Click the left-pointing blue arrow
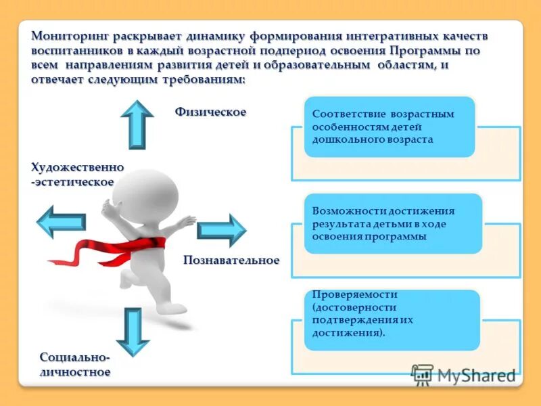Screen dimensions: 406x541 click(x=60, y=221)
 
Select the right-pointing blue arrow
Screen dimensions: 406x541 click(x=222, y=230)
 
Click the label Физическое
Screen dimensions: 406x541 click(x=210, y=112)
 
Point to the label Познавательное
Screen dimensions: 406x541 click(x=231, y=261)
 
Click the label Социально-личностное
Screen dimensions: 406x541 click(x=74, y=364)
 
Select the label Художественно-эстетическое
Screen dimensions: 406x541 click(x=76, y=175)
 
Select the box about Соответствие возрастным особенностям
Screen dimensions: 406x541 click(x=390, y=127)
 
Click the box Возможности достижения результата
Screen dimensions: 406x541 click(x=392, y=224)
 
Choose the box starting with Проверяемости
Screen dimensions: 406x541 click(x=392, y=319)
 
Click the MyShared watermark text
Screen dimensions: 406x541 click(x=476, y=376)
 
